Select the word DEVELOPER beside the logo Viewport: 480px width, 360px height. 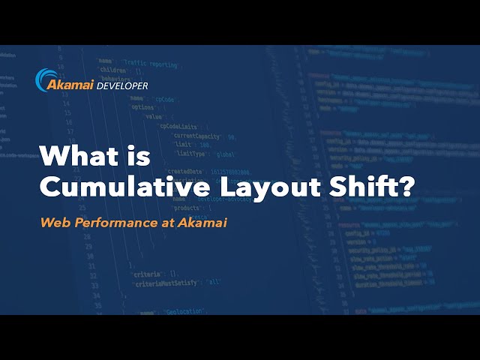(x=122, y=85)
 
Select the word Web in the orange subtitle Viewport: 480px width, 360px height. (x=54, y=222)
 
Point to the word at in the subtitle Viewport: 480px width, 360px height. (x=159, y=222)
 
